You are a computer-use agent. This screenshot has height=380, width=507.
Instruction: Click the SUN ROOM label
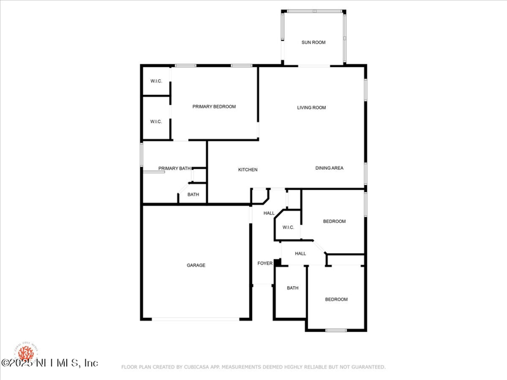coord(313,42)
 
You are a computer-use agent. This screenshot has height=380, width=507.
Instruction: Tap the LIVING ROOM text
coord(311,108)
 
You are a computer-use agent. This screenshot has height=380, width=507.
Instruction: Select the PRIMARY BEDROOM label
coord(214,106)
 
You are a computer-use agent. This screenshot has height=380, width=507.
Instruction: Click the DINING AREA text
coord(330,168)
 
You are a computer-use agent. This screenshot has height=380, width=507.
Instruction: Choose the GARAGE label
coord(196,265)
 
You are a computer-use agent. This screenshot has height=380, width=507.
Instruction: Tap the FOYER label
coord(265,263)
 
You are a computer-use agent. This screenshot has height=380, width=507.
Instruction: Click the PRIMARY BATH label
coord(174,168)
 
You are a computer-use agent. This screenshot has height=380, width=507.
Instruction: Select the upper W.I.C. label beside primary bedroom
coord(156,81)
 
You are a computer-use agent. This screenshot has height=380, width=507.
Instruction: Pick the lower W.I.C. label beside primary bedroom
coord(156,122)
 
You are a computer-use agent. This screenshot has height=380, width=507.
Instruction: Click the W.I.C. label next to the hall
coord(288,227)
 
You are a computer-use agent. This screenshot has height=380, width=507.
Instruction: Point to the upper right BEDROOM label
coord(334,221)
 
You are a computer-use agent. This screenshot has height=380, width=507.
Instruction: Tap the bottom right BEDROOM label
coord(337,300)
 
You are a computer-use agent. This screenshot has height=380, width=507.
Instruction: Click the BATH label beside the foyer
coord(292,288)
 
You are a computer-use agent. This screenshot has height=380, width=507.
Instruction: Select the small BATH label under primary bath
coord(193,194)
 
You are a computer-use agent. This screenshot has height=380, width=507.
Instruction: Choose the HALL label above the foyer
coord(269,213)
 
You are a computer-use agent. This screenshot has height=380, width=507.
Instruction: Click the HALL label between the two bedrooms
coord(300,253)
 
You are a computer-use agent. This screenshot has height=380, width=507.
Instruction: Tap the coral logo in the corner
coord(25,351)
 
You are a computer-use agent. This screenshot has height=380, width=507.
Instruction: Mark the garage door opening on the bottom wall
coord(196,319)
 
